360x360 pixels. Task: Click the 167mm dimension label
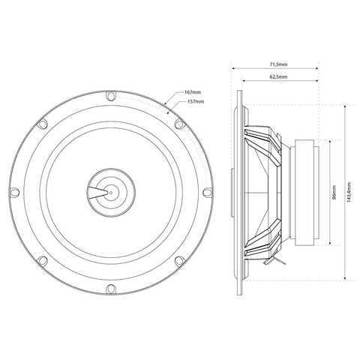pos(193,92)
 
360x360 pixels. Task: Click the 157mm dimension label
pos(196,101)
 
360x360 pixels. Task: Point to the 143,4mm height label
pos(349,192)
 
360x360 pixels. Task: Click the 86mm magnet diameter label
pos(334,192)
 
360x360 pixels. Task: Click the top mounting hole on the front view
pos(111,96)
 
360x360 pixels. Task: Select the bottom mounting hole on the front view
pos(111,289)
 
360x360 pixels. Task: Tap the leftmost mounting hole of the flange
pos(14,192)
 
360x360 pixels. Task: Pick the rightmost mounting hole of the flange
pos(208,192)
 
